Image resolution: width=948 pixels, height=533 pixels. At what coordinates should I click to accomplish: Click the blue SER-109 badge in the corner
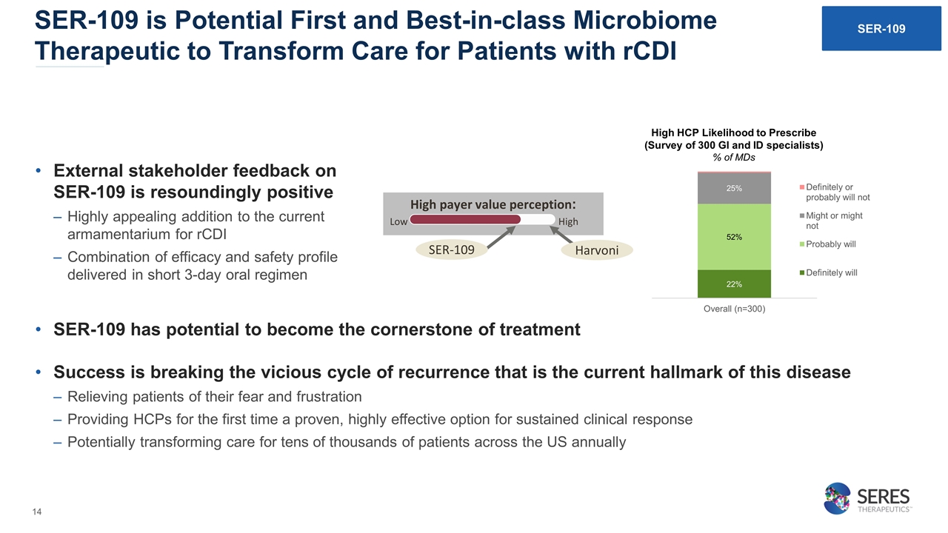(881, 28)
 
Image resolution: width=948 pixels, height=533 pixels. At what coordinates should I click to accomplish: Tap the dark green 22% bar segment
(734, 284)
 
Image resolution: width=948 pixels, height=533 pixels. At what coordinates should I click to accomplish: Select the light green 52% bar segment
(734, 237)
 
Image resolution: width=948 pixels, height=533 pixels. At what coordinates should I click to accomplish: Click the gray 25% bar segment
(734, 188)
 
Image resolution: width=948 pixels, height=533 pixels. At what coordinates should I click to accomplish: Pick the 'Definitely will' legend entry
(828, 273)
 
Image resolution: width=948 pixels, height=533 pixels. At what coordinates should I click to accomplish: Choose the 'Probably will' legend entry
(827, 244)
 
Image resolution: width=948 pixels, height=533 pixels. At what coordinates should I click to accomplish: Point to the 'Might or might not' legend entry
(831, 221)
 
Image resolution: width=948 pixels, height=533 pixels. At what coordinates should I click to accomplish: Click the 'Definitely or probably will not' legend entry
(835, 192)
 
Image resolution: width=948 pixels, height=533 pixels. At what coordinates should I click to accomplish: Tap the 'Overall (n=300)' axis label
(734, 309)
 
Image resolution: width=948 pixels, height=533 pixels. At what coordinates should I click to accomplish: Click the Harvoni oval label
(597, 250)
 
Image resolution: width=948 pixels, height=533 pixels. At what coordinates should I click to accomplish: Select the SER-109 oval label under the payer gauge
(452, 249)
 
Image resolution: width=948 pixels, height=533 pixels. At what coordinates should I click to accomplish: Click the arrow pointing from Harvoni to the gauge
(561, 235)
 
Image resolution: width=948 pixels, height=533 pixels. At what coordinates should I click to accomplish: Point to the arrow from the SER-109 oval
(501, 237)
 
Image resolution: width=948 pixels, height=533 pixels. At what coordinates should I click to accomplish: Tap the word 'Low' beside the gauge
(398, 221)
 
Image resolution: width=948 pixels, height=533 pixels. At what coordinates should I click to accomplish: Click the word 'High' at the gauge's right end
(568, 221)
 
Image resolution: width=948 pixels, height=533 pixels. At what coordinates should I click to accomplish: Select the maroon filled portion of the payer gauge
(465, 219)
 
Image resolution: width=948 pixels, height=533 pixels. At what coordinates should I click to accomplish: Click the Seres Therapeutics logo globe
(837, 498)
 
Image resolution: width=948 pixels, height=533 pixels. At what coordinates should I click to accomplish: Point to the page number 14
(37, 512)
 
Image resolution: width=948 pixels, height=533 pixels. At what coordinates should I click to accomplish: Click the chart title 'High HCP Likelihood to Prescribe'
(733, 133)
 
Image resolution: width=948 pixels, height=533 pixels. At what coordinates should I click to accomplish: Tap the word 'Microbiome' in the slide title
(644, 20)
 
